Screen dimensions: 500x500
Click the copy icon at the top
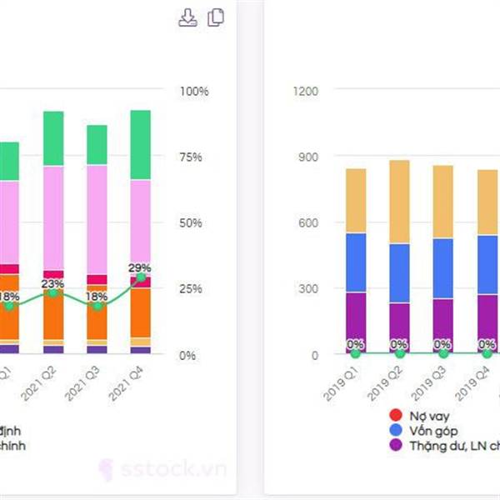click(x=216, y=17)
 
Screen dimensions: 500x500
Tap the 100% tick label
click(x=193, y=90)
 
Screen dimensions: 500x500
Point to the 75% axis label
click(x=193, y=157)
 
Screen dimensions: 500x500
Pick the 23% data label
click(x=53, y=282)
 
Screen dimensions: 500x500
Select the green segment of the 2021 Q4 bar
click(x=141, y=145)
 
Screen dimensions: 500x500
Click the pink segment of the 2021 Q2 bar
click(x=53, y=217)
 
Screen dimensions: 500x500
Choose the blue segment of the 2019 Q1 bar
click(x=356, y=262)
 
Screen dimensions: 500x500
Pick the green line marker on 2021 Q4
click(x=141, y=277)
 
